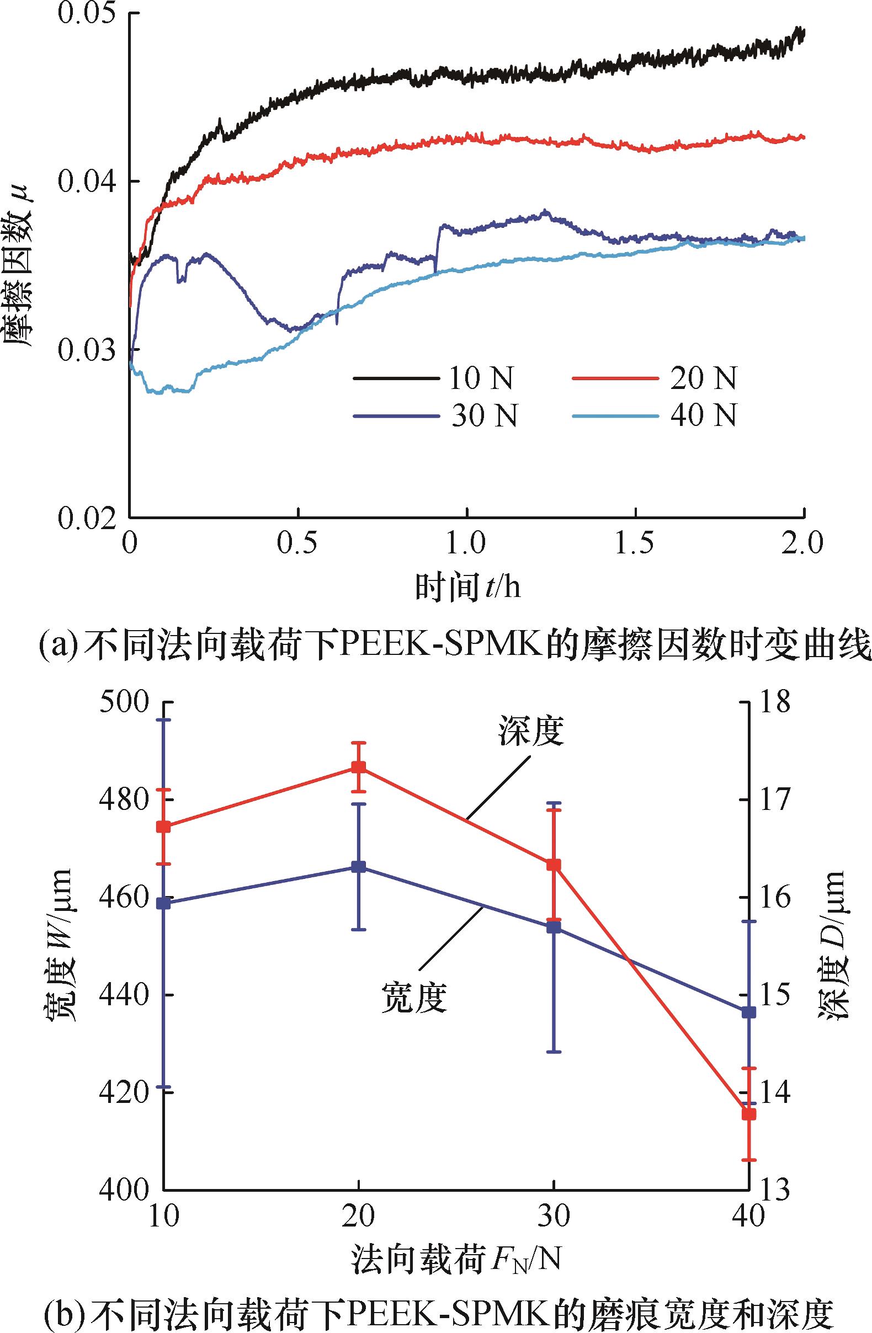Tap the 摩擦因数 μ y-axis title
[x=21, y=263]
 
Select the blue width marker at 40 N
[x=749, y=1012]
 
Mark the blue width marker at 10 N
[x=163, y=903]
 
